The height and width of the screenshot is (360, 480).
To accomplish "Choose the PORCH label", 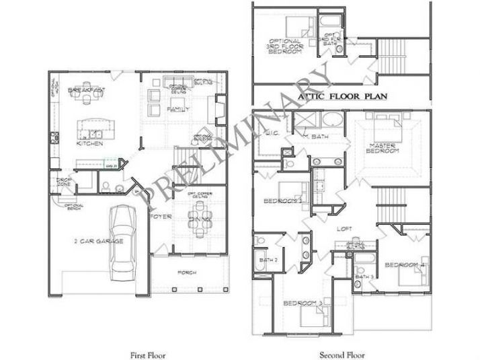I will [187, 273].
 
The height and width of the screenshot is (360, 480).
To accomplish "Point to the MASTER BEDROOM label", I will [385, 149].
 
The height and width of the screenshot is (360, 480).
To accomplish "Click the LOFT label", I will [345, 228].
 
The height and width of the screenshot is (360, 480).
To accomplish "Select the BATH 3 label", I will [364, 277].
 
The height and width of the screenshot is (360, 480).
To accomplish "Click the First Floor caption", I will [147, 354].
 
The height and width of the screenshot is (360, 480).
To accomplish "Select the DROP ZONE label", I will [65, 182].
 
